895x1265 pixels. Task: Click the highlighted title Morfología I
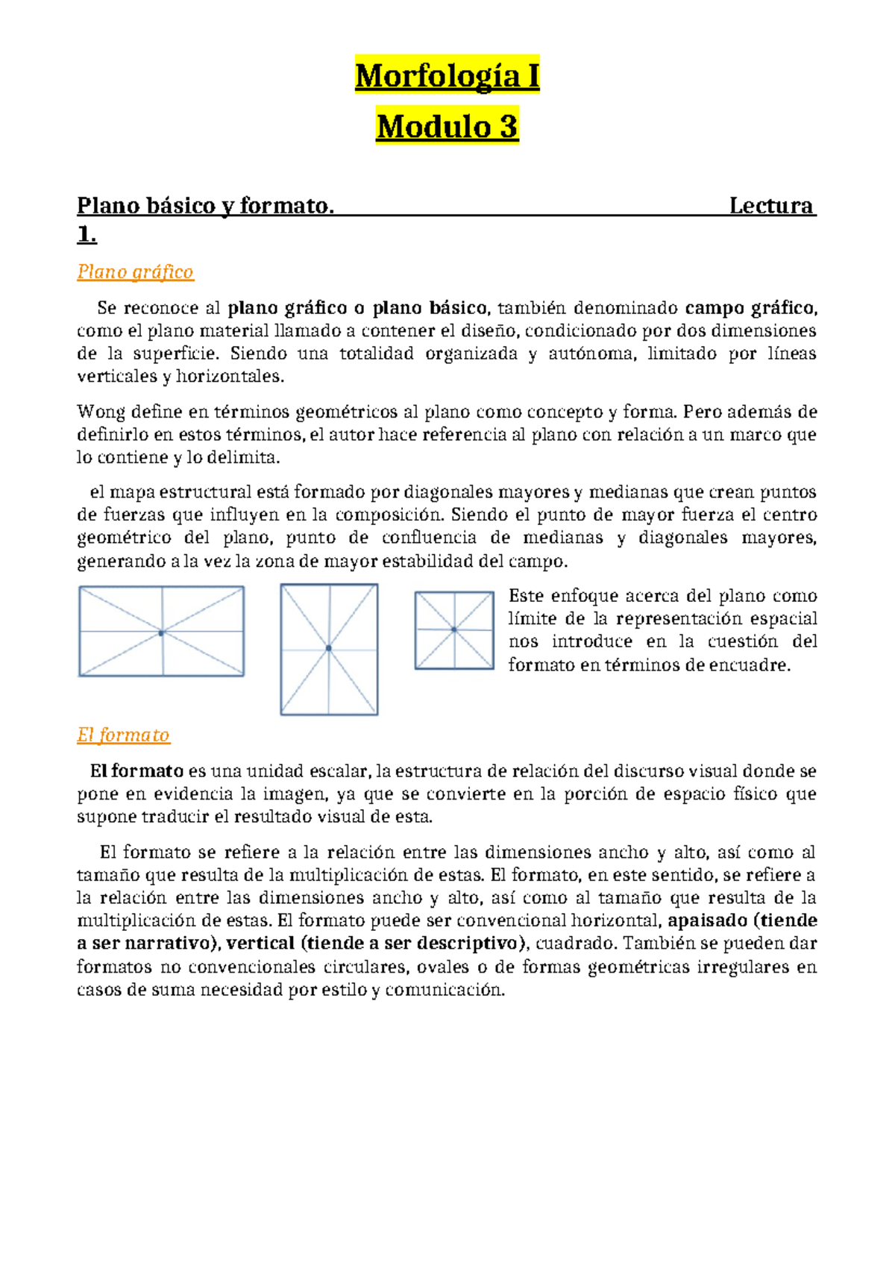tap(447, 77)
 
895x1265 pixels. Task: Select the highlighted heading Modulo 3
tap(447, 127)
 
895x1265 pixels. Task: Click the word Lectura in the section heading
tap(771, 206)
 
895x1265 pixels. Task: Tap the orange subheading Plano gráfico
tap(135, 271)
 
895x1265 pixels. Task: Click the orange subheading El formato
tap(123, 735)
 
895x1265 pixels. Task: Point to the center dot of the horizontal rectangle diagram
tap(161, 633)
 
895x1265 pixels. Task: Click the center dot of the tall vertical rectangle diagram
tap(329, 648)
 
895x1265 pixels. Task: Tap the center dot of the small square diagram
tap(454, 630)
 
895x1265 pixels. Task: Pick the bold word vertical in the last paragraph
tap(260, 944)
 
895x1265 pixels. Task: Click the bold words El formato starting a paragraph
tap(136, 771)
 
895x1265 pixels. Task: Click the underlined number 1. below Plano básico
tap(87, 235)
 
